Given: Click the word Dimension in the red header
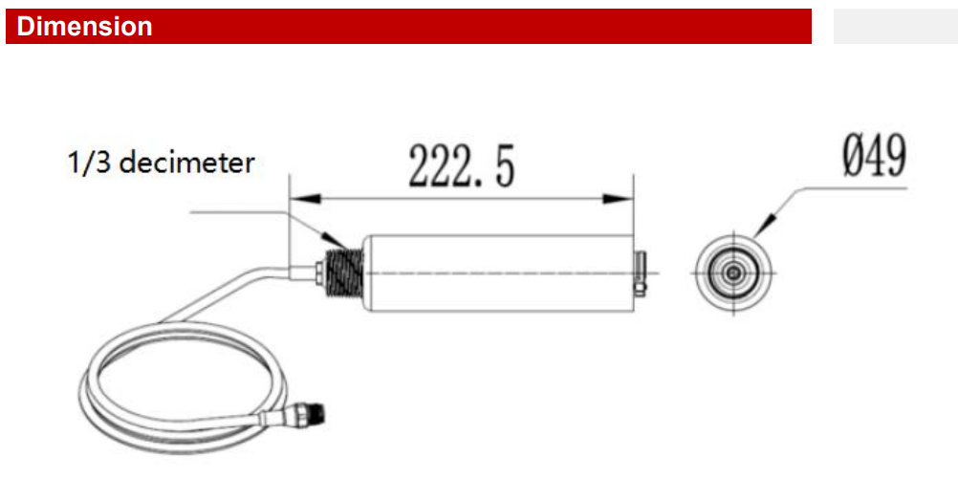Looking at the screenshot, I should [85, 27].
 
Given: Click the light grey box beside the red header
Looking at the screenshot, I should [894, 27].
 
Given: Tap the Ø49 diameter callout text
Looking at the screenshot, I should [874, 157].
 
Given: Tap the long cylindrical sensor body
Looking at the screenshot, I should [497, 272].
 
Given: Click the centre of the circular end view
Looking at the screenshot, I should [733, 272].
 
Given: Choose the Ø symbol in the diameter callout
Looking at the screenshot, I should [854, 157].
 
